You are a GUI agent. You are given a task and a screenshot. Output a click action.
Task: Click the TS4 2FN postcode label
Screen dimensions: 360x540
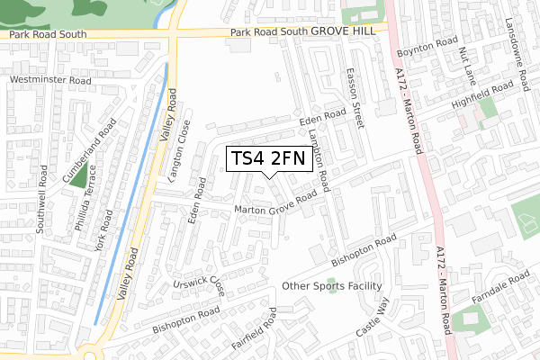(269, 159)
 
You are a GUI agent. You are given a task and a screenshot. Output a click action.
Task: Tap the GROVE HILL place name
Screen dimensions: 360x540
(349, 31)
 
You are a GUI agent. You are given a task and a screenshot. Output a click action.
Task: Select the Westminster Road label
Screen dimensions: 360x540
(50, 80)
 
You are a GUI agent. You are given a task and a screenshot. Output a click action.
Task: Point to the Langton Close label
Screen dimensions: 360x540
(176, 150)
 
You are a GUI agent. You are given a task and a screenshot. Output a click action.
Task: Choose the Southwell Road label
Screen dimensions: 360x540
(40, 211)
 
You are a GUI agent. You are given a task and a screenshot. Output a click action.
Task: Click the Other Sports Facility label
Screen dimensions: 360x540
(332, 286)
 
